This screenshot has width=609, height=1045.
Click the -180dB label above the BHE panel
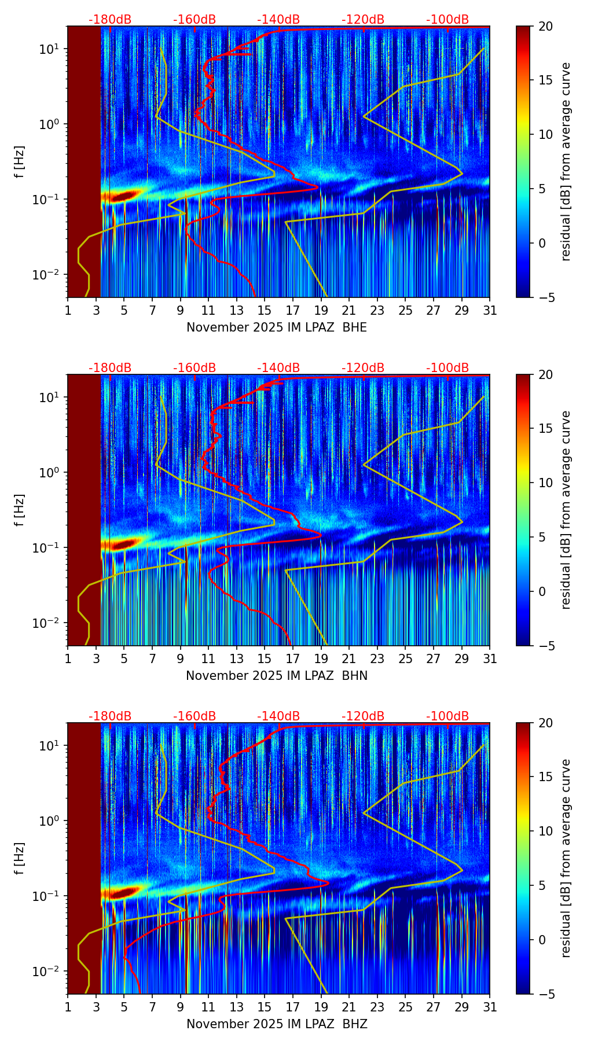(110, 20)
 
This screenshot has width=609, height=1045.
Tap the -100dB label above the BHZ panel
(447, 716)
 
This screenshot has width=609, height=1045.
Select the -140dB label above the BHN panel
(278, 368)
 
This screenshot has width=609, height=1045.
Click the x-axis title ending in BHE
(277, 328)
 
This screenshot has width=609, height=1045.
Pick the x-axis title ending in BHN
(277, 676)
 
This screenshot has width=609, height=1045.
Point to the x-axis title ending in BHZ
(277, 1024)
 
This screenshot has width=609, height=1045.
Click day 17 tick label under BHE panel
(293, 311)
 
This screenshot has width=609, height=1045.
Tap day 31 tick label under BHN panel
(490, 659)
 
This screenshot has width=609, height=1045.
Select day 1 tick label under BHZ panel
(68, 1007)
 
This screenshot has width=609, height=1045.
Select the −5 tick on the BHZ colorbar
(544, 994)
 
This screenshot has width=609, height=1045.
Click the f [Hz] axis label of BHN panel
(20, 510)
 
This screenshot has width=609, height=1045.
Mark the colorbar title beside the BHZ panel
(566, 858)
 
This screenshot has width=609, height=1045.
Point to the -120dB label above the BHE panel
(363, 20)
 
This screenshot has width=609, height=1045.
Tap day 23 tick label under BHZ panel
(377, 1007)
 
